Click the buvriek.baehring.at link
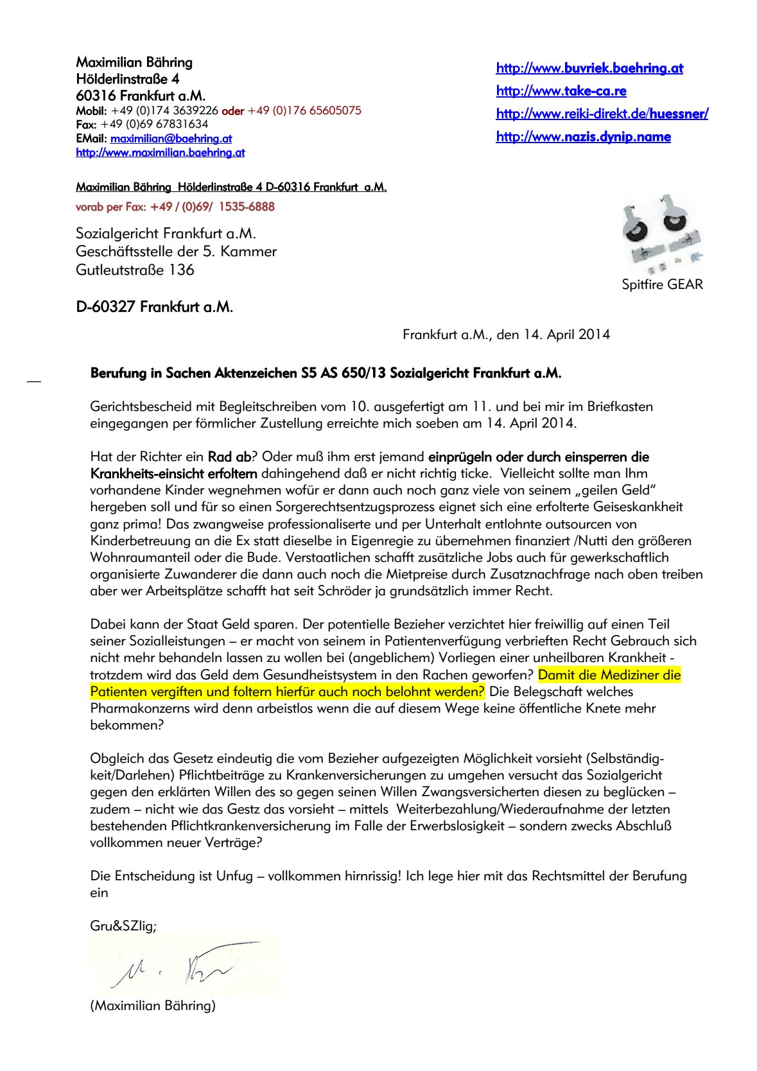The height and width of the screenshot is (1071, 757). click(x=589, y=68)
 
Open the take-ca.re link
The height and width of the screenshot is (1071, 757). click(x=561, y=91)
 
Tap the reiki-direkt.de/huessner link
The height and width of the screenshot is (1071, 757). click(x=602, y=114)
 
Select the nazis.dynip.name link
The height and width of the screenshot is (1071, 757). click(x=583, y=137)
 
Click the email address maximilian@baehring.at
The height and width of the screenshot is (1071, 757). click(x=171, y=139)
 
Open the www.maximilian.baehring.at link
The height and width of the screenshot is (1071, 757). click(x=160, y=153)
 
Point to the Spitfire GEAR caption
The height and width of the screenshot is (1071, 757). click(x=662, y=284)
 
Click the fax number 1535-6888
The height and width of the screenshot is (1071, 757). click(x=247, y=207)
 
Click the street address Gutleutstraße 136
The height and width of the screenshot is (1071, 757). click(x=135, y=270)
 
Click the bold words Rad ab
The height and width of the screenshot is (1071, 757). click(x=229, y=457)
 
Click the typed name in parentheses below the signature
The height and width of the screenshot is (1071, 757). click(x=153, y=1006)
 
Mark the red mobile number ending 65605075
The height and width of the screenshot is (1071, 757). click(x=304, y=110)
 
